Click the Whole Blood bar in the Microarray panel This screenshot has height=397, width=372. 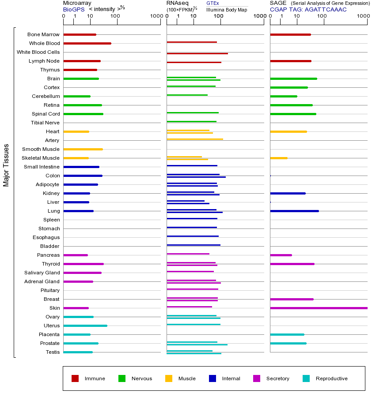[x=87, y=43]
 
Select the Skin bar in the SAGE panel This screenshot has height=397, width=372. [x=318, y=308]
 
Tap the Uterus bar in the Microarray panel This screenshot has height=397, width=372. [x=85, y=326]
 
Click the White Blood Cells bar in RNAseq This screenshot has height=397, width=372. [x=197, y=53]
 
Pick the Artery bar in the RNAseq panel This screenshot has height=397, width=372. [x=194, y=139]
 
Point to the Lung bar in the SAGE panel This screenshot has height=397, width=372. [x=294, y=211]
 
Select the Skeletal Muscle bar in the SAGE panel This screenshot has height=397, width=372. [x=278, y=158]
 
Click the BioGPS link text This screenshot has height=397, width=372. [x=74, y=9]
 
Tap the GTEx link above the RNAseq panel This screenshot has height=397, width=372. [x=213, y=3]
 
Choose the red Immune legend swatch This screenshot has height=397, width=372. [x=75, y=378]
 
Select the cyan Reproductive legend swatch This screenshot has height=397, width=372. [x=306, y=378]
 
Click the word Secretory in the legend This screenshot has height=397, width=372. [x=277, y=378]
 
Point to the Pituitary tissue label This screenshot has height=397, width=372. [x=50, y=290]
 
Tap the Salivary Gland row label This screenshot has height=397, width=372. [x=42, y=273]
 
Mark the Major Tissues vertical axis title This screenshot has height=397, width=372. [x=6, y=165]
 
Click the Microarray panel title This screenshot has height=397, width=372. [x=77, y=3]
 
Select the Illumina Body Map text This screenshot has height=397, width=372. [x=227, y=9]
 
